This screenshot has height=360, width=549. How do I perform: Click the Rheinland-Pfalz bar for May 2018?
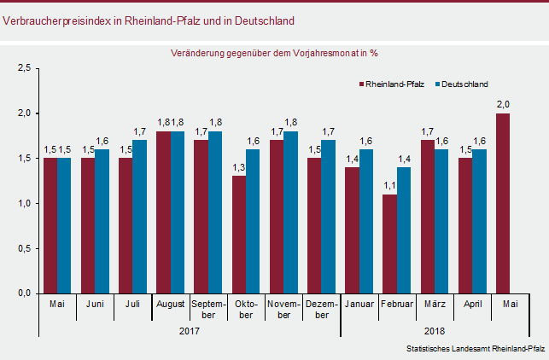(x=503, y=203)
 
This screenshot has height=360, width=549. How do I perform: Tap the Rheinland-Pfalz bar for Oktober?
(x=238, y=235)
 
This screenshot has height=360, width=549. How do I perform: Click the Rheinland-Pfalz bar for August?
(x=163, y=212)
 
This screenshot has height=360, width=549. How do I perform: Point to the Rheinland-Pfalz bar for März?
(x=428, y=217)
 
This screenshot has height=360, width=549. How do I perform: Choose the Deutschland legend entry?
(x=462, y=84)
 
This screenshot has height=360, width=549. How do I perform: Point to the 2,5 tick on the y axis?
(x=25, y=68)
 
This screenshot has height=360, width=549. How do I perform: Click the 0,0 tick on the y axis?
(x=25, y=293)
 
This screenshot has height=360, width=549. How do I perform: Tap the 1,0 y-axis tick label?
(x=25, y=203)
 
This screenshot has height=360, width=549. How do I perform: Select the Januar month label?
(x=359, y=304)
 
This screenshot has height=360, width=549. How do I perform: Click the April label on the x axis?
(x=472, y=304)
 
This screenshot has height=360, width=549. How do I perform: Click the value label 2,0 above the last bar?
(x=504, y=105)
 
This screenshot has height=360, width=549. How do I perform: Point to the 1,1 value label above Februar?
(x=389, y=186)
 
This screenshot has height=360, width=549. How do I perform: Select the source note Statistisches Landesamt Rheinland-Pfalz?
(x=475, y=349)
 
